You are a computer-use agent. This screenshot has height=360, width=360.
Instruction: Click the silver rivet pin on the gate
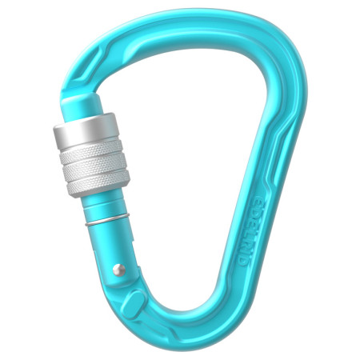(118, 270)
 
